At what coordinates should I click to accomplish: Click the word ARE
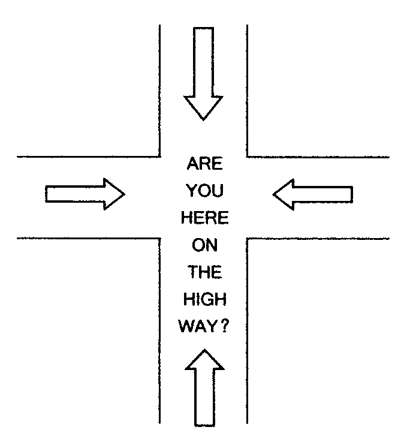click(x=204, y=164)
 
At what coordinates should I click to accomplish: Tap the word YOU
click(x=204, y=191)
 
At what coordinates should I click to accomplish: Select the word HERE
click(x=204, y=219)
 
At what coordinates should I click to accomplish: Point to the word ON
click(x=204, y=245)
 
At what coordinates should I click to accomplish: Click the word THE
click(x=204, y=273)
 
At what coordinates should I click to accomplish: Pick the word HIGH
click(x=204, y=300)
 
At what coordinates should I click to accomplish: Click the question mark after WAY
click(x=224, y=327)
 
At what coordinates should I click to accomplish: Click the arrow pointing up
click(x=204, y=384)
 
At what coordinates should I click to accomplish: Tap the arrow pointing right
click(x=84, y=194)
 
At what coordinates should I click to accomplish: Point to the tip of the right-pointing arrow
click(x=124, y=194)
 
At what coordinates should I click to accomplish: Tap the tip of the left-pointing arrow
click(x=273, y=194)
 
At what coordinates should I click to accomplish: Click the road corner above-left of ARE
click(x=160, y=157)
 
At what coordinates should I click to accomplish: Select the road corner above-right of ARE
click(x=248, y=157)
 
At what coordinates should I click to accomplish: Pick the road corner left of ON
click(x=160, y=238)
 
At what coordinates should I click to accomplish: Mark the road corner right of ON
click(x=248, y=238)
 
